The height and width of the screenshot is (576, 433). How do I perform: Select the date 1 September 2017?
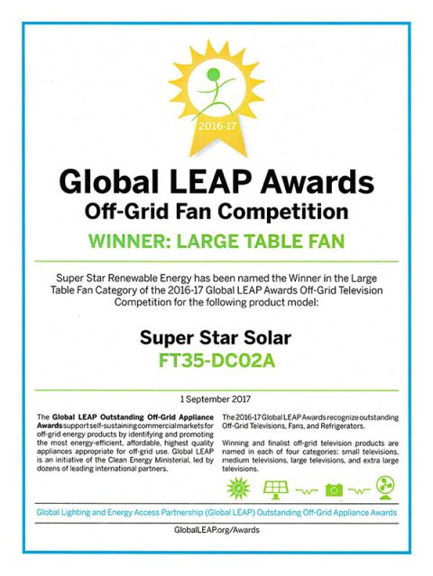216,398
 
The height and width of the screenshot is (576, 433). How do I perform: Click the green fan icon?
383,489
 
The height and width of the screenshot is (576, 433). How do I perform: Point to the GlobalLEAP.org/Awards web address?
216,529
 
